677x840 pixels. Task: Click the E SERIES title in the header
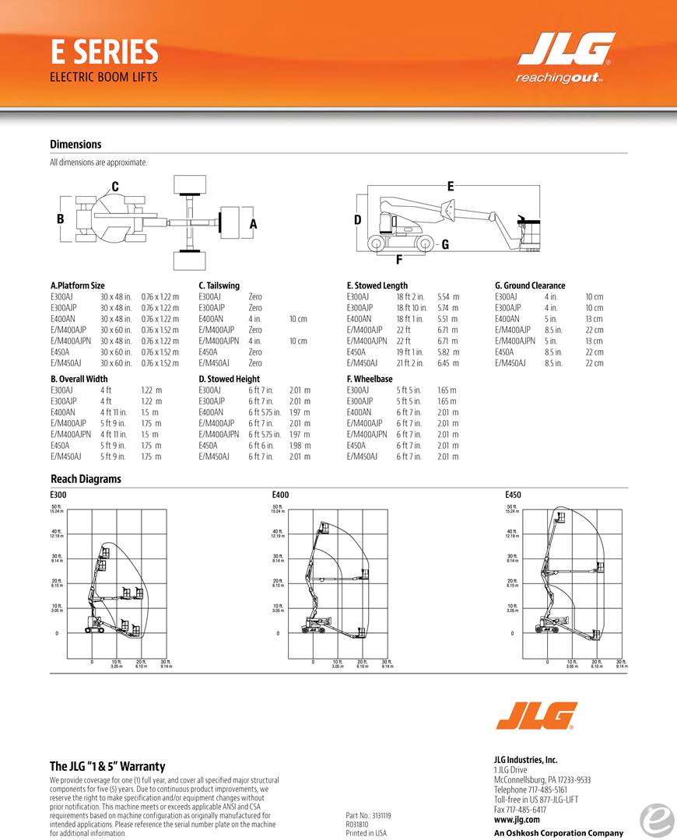pos(104,52)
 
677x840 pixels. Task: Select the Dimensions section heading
pos(75,144)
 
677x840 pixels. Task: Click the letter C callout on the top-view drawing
pos(115,187)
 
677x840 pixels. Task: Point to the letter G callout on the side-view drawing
pos(445,244)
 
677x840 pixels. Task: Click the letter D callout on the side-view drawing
pos(358,220)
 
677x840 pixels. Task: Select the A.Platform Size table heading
pos(77,285)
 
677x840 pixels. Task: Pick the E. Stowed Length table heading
pos(377,285)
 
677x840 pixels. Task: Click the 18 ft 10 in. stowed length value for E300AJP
pos(412,308)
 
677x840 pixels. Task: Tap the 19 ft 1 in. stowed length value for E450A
pos(409,352)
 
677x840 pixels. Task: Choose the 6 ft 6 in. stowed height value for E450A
pos(261,446)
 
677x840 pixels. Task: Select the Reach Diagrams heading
pos(86,479)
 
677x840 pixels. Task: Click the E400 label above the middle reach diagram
pos(280,495)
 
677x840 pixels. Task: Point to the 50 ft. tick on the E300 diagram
pos(57,506)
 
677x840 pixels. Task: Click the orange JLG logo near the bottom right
pos(536,716)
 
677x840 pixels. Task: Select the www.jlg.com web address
pos(512,821)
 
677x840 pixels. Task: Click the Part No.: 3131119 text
pos(368,816)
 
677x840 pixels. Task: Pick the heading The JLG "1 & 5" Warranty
pos(107,767)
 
